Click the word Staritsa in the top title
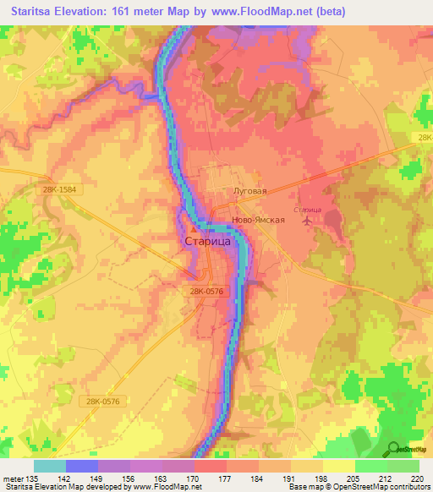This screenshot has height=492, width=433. point(37,13)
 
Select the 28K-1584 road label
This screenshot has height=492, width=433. point(61,190)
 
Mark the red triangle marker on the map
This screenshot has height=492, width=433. point(196,228)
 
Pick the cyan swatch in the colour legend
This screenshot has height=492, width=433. point(49,466)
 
